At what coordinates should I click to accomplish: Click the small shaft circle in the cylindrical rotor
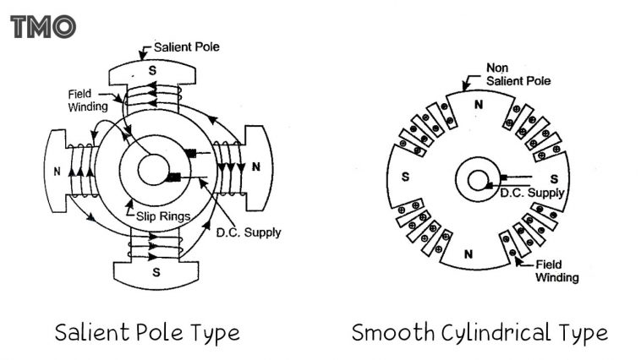[478, 180]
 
